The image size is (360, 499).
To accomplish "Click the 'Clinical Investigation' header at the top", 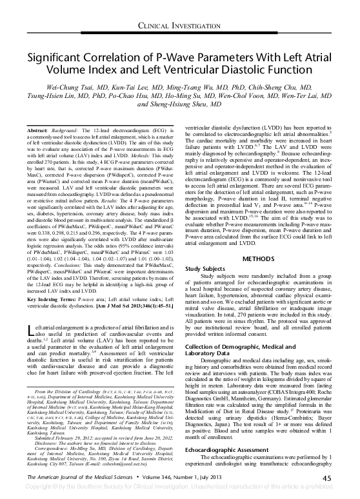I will (180, 26).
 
